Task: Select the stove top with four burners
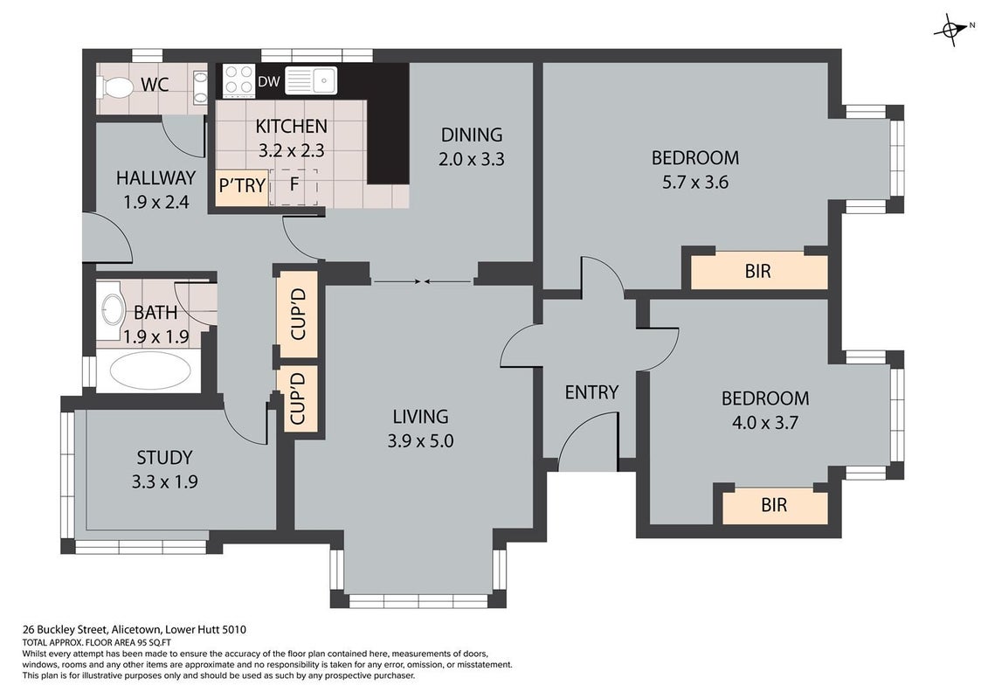[239, 81]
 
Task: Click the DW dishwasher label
[269, 82]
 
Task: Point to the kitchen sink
[311, 80]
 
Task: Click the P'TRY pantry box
[242, 188]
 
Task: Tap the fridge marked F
[294, 187]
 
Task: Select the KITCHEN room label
[291, 127]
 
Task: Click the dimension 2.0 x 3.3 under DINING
[472, 160]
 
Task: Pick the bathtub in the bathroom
[150, 371]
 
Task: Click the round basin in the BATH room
[113, 311]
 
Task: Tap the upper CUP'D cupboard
[297, 314]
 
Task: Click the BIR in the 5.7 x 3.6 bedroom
[758, 272]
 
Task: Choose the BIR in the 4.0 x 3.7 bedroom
[774, 506]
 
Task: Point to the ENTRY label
[591, 392]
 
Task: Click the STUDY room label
[164, 458]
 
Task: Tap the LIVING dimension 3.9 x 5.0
[420, 441]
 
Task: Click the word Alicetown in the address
[136, 630]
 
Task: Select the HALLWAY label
[155, 178]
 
